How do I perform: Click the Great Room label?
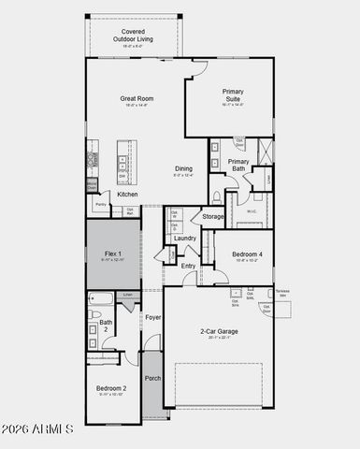[136, 98]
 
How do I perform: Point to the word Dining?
[185, 169]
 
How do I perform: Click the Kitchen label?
[127, 195]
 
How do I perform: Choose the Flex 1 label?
[112, 253]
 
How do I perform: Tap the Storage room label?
[213, 217]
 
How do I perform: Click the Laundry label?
[184, 238]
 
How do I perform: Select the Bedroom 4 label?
[247, 254]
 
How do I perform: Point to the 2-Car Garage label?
[218, 332]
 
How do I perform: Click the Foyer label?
[152, 318]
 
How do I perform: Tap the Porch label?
[152, 378]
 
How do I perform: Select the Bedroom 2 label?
[111, 388]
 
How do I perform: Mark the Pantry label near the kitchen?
[99, 204]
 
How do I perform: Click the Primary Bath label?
[238, 165]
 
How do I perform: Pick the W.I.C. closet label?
[252, 210]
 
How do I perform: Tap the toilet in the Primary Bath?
[216, 197]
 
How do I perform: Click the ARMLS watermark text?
[39, 428]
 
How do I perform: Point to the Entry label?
[189, 266]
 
